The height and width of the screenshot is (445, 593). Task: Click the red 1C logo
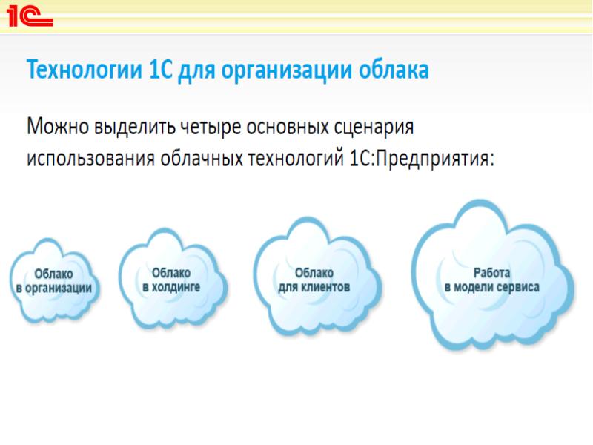[x=30, y=16]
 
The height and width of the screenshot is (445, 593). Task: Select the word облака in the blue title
[x=394, y=70]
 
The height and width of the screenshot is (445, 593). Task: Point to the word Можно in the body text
[x=58, y=127]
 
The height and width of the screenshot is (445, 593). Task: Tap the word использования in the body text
[x=90, y=159]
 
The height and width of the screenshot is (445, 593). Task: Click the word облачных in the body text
[x=201, y=157]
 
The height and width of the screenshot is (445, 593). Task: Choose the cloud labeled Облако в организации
[x=54, y=281]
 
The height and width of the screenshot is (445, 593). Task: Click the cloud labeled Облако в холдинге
[x=172, y=279]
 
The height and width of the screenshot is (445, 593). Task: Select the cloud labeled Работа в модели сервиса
[x=492, y=275]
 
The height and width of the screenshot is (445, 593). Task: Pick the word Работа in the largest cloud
[x=491, y=273]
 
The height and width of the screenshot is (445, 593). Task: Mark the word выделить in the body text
[x=135, y=127]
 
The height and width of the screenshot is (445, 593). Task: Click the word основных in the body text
[x=288, y=128]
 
